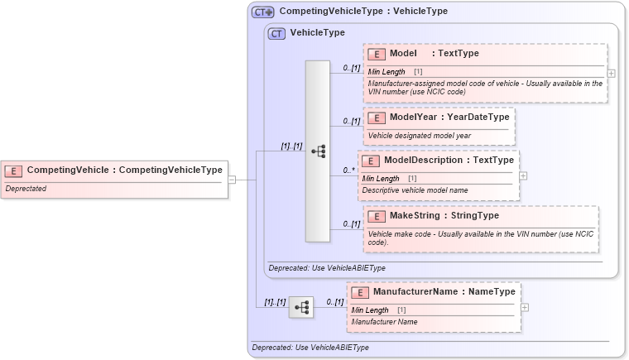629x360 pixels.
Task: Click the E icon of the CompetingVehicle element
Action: pos(14,170)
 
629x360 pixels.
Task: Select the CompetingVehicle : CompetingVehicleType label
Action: pos(124,170)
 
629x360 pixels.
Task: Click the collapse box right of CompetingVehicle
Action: pos(233,179)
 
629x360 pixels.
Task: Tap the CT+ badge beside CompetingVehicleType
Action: pos(263,12)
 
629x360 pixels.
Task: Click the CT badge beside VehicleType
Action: pos(277,33)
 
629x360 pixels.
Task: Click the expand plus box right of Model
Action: pos(611,73)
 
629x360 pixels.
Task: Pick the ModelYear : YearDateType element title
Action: pos(449,118)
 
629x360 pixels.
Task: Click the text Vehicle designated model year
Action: pos(420,135)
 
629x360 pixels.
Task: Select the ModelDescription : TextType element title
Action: pos(449,161)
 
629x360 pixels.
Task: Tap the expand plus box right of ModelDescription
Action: pos(523,176)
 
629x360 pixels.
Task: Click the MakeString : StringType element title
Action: pos(444,216)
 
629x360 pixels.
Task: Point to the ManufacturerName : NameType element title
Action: pos(444,292)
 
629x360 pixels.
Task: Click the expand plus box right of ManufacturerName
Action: pos(524,307)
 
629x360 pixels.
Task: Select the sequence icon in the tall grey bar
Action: pos(318,151)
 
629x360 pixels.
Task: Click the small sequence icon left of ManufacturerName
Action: pos(301,307)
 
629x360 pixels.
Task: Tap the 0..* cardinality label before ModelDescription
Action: pos(349,170)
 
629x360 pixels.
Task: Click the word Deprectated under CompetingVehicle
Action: pos(26,189)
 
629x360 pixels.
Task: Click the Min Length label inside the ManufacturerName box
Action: pos(370,310)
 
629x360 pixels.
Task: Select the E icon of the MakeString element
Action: pos(377,216)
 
